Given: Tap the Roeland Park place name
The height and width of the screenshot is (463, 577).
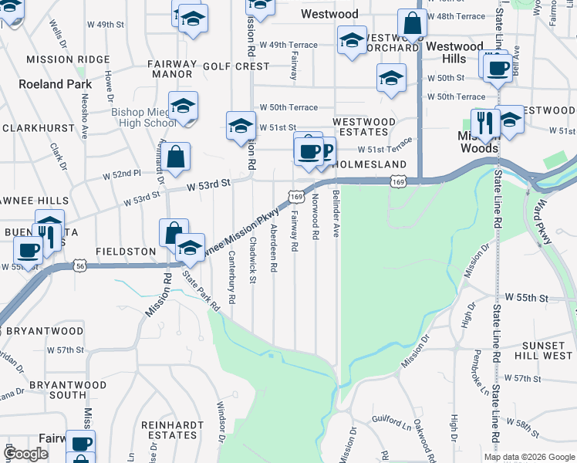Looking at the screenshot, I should click(55, 84).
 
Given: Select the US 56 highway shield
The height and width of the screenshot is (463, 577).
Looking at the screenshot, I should click(80, 265).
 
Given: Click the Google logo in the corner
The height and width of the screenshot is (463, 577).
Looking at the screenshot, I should click(25, 454).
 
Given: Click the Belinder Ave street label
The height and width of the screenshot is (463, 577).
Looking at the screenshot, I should click(336, 216).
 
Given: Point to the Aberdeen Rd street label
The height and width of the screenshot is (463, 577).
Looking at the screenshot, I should click(274, 246).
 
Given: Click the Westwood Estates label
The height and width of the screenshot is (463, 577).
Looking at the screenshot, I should click(364, 127).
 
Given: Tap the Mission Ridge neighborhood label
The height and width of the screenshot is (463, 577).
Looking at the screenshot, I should click(68, 59).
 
